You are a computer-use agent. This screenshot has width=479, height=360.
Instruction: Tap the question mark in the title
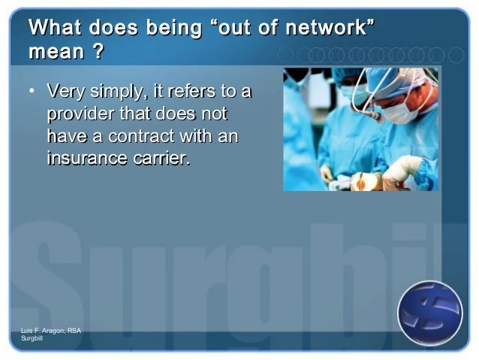point(98,51)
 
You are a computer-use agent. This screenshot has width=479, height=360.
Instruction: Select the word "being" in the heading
point(174,29)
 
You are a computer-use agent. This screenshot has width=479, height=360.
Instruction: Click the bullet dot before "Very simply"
point(32,91)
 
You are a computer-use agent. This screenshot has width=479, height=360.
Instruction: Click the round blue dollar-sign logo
point(430,313)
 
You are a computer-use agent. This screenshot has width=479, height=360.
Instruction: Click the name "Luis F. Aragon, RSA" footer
point(51,331)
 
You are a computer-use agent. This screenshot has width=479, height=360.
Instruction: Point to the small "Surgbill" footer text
point(32,338)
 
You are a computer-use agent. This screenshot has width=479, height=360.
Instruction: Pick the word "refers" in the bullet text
point(191,91)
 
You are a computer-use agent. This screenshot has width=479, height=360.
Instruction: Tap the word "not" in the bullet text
point(214,114)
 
